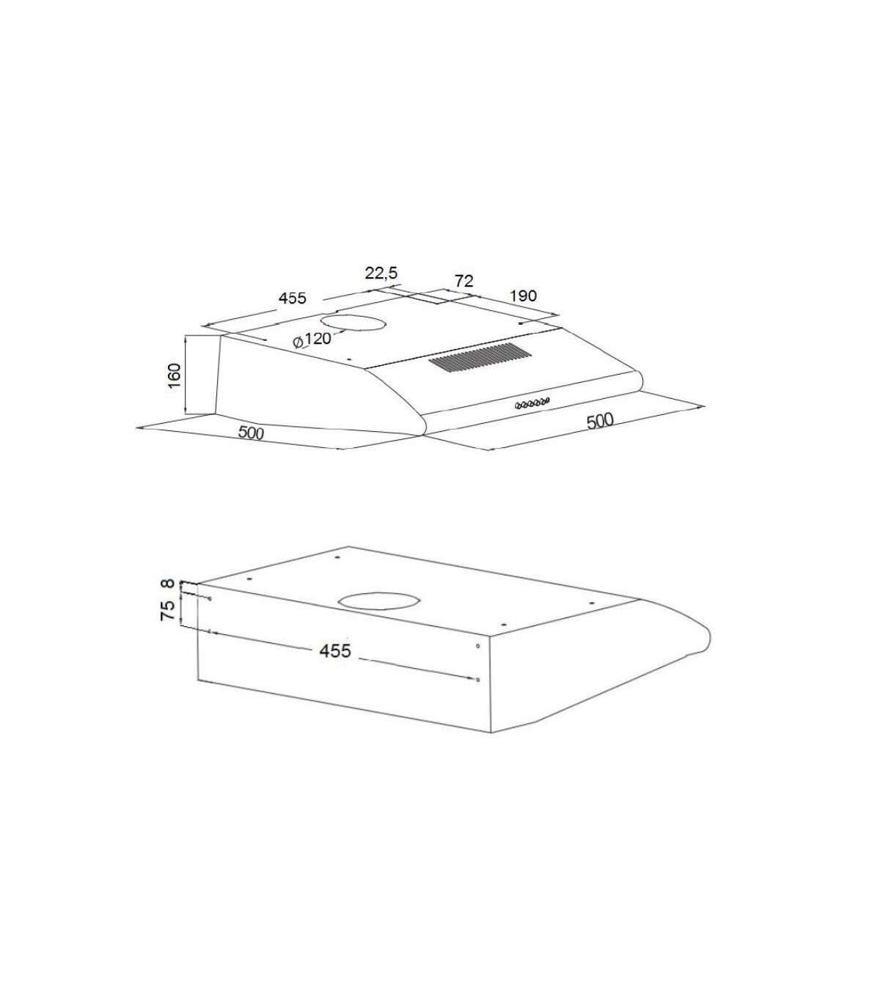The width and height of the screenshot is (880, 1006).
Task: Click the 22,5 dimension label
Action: click(x=381, y=272)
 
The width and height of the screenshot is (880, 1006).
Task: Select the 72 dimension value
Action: click(x=463, y=281)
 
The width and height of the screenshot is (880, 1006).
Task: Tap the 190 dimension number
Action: click(x=523, y=296)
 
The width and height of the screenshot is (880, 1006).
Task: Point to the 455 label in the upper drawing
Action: click(x=292, y=298)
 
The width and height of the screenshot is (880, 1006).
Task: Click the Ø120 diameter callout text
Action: click(x=312, y=339)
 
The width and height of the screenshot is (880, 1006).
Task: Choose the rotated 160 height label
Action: click(x=175, y=375)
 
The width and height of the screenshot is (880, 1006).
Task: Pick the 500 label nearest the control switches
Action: click(x=600, y=422)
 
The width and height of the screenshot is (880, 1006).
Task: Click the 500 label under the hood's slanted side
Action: click(x=251, y=433)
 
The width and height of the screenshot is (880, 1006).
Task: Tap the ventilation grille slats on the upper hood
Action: click(x=480, y=358)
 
